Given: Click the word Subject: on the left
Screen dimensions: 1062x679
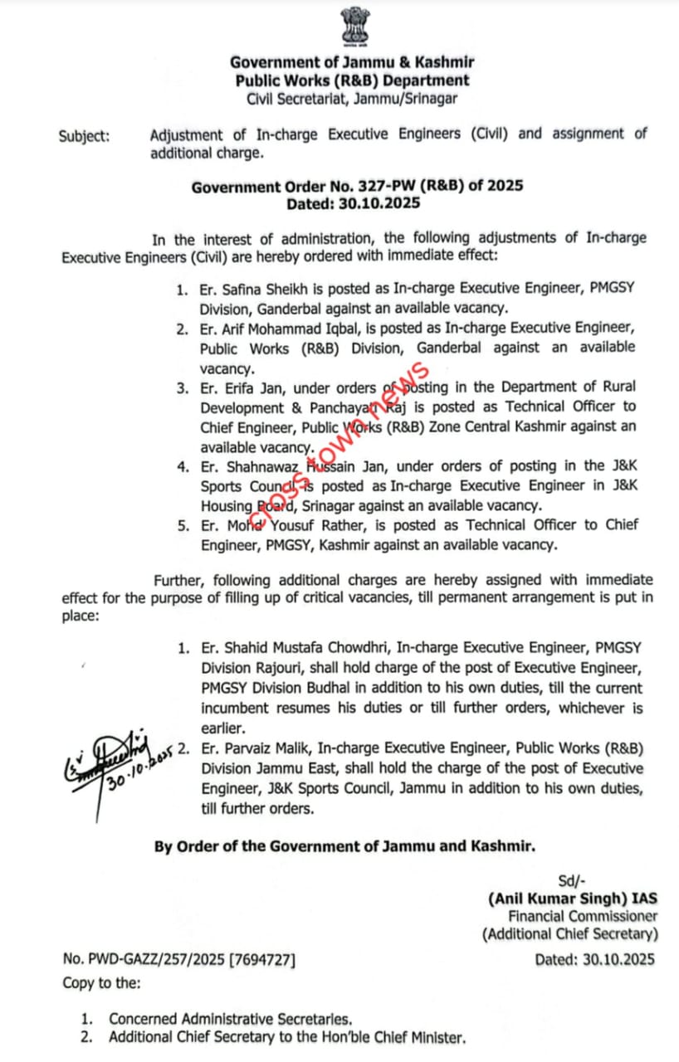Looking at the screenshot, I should click(x=84, y=136).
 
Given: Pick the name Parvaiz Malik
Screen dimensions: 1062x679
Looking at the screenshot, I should click(x=261, y=748).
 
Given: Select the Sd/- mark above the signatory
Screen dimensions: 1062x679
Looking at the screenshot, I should click(x=571, y=879).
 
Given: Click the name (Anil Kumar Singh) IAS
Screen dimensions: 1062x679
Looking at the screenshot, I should click(x=573, y=898).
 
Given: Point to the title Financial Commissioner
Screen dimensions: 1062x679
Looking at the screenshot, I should click(x=583, y=916).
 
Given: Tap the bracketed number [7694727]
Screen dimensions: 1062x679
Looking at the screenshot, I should click(x=261, y=959).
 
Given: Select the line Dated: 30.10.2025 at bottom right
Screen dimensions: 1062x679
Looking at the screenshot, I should click(x=594, y=959).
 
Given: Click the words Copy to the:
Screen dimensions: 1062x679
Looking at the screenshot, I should click(x=101, y=982).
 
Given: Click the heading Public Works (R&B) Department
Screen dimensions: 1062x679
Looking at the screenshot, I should click(x=352, y=80).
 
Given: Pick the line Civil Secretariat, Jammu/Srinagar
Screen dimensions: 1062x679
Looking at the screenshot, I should click(x=352, y=99).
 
